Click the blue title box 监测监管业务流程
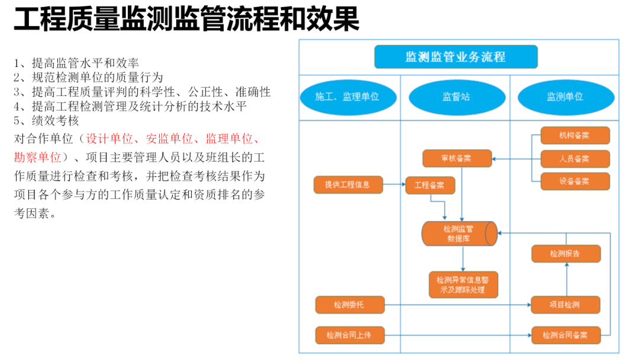coord(456,57)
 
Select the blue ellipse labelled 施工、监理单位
coord(347,97)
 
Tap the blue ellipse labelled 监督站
coord(457,97)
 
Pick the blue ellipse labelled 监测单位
coord(564,97)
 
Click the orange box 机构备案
coord(575,136)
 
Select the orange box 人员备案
coord(575,159)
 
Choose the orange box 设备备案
coord(575,181)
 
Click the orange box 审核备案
coord(457,158)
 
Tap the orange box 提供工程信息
coord(348,185)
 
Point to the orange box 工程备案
coord(430,185)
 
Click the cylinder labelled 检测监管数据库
coord(459,233)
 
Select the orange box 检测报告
coord(566,253)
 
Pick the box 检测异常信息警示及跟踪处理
coord(463,285)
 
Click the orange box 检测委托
coord(350,305)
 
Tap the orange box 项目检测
coord(566,305)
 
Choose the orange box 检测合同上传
coord(350,335)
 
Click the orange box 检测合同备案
coord(566,335)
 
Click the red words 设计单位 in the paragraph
coord(109,139)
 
